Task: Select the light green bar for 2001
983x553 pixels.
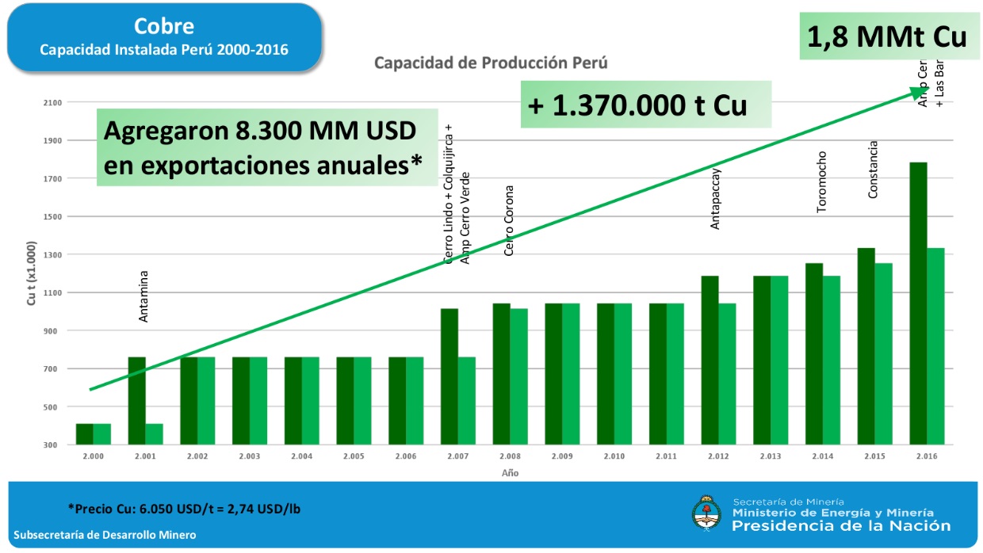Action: coord(154,434)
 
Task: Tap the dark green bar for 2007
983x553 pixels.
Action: coord(449,376)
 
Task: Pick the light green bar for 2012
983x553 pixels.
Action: coord(727,374)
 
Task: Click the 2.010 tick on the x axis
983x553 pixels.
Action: coord(614,456)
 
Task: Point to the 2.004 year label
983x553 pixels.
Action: coord(300,456)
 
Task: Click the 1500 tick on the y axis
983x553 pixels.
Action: coord(52,216)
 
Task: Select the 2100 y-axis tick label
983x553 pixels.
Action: coord(52,102)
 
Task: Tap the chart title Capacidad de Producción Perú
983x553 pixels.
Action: coord(491,63)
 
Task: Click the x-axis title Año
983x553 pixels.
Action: coord(510,473)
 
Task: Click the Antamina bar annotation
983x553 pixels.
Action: coord(143,297)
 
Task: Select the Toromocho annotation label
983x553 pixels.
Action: coord(821,181)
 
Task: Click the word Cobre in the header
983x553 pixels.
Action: coord(164,26)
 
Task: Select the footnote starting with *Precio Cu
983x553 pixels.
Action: coord(184,508)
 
